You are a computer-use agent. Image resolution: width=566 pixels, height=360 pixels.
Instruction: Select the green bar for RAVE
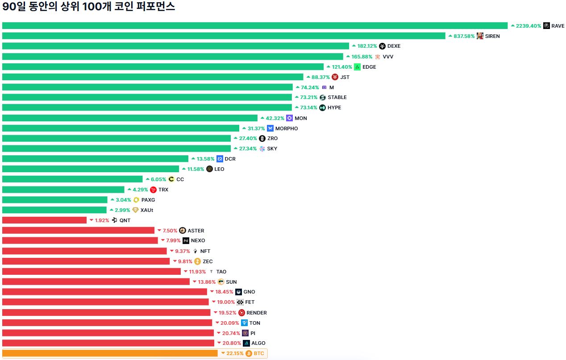pos(254,26)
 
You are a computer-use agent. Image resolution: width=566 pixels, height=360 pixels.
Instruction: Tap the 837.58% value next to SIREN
pos(464,36)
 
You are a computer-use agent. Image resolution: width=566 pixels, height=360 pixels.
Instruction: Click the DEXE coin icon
pos(382,46)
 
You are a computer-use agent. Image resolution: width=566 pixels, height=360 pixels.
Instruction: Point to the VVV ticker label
pos(388,57)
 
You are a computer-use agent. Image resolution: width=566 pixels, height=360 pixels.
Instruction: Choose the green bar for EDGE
pos(163,67)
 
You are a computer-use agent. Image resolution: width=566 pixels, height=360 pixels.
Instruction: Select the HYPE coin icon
pos(322,108)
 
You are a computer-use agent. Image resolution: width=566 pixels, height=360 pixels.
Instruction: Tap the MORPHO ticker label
pos(287,128)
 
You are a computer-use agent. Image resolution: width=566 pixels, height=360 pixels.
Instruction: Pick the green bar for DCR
pos(95,159)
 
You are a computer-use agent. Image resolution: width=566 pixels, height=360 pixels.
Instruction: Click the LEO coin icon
pos(209,169)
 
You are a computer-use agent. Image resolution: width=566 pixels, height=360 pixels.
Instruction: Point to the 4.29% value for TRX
pos(140,190)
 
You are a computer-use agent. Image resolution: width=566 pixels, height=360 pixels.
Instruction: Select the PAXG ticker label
pos(148,200)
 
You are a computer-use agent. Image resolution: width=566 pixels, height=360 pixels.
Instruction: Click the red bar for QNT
pos(44,220)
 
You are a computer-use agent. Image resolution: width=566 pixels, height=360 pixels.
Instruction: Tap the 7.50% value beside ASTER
pos(170,231)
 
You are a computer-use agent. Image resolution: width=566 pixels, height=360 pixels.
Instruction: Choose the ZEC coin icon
pos(197,261)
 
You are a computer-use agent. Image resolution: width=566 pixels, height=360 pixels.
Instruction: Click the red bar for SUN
pos(96,282)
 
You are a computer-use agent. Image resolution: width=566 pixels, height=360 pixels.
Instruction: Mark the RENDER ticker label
pos(257,313)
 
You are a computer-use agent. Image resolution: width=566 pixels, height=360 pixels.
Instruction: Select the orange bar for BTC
pos(110,353)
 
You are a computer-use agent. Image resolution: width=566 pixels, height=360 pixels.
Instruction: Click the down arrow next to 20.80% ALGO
pos(219,343)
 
